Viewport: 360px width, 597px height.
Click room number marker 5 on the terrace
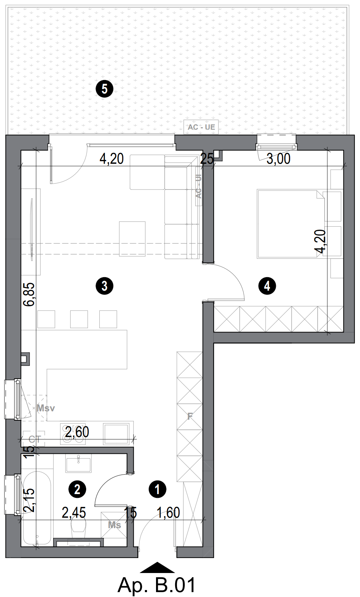(x=105, y=89)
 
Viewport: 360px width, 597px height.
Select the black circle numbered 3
(x=105, y=286)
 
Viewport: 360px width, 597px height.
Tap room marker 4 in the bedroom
(x=267, y=286)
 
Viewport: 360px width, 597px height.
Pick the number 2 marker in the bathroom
(x=77, y=489)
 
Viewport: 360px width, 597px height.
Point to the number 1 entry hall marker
(x=157, y=489)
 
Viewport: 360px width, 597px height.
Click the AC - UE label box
(x=201, y=127)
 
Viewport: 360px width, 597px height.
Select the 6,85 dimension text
(x=29, y=294)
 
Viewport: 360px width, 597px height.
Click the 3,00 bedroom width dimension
(x=278, y=159)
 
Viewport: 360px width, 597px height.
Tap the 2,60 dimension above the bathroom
(x=77, y=432)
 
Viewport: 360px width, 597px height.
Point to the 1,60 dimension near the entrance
(x=168, y=513)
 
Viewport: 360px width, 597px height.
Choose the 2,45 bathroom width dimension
(x=74, y=513)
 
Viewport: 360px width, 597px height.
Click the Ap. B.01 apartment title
(x=157, y=585)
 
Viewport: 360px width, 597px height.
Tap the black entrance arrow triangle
(x=157, y=568)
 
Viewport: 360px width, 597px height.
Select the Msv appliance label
(x=46, y=408)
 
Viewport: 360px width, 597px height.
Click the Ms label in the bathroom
(x=114, y=525)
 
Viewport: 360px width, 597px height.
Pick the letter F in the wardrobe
(x=190, y=416)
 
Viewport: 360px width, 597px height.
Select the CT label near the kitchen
(x=34, y=439)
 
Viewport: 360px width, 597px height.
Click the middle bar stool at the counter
(x=79, y=319)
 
